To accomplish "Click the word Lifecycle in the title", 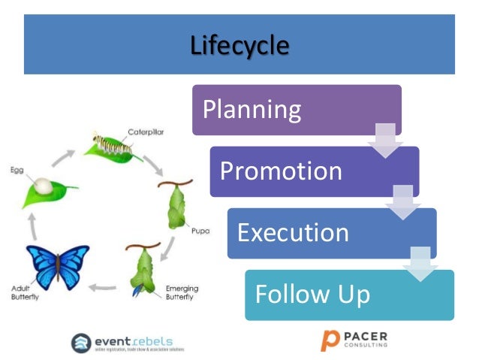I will (x=239, y=45).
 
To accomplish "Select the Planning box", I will (x=296, y=110).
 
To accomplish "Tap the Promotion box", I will (x=313, y=171).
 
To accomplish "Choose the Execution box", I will (x=330, y=232).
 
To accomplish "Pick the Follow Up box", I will (x=348, y=294).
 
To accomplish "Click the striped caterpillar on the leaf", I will (x=112, y=143).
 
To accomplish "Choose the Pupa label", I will (x=200, y=231).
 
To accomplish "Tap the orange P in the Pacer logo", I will (x=328, y=340).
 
